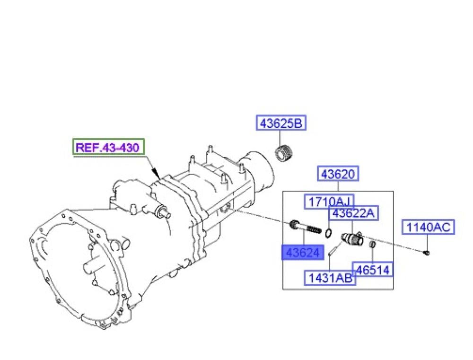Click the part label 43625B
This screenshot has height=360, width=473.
point(281,123)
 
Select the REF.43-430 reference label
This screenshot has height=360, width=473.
point(108,147)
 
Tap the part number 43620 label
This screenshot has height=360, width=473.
point(338,174)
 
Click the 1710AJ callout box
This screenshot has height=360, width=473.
point(329,202)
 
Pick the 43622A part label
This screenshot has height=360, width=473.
point(353,213)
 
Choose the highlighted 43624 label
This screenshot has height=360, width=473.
point(303,253)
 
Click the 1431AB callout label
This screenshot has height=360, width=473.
point(330,278)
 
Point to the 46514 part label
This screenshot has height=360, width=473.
point(373,270)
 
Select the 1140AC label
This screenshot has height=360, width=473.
point(429,227)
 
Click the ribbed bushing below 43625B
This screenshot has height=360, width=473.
point(284,153)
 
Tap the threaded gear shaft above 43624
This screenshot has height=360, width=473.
point(305,228)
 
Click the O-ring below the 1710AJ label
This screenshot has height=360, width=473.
point(329,232)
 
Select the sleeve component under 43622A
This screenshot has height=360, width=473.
point(352,238)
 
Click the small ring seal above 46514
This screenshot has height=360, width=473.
point(373,244)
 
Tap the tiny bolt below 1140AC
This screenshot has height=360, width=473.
point(426,252)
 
